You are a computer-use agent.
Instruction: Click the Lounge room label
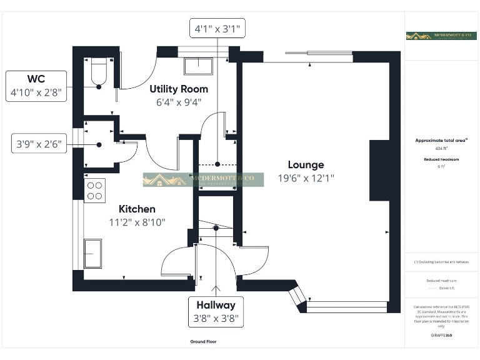pos(306,165)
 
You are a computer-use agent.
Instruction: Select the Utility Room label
pos(179,89)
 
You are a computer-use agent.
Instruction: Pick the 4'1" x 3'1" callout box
pos(217,29)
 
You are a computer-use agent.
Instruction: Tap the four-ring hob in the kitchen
pos(94,190)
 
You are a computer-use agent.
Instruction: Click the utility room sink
pos(198,66)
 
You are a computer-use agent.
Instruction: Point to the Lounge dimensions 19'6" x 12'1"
pos(306,178)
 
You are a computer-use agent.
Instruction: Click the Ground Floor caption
pos(203,342)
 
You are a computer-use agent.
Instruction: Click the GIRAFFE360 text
pos(441,336)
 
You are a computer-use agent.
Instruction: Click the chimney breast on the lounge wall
pos(379,171)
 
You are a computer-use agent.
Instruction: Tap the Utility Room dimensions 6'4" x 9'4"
pos(179,102)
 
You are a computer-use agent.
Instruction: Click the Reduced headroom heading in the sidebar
pos(441,159)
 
